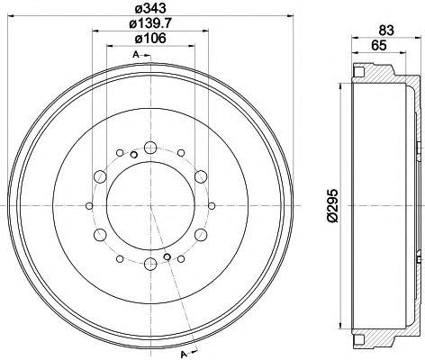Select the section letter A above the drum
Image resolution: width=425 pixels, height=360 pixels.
point(134,57)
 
